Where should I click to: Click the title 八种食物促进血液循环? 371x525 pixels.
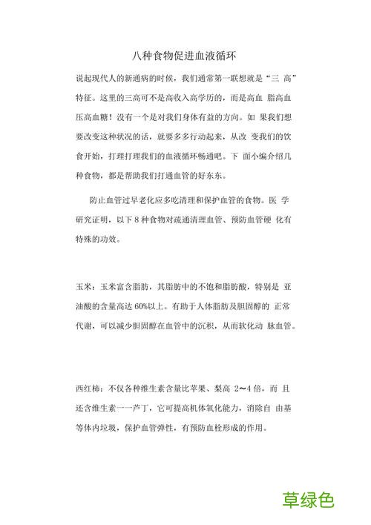tap(185, 56)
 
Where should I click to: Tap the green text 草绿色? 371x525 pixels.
tap(309, 501)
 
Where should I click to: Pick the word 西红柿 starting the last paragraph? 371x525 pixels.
tap(89, 388)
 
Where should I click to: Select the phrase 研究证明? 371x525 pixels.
tap(95, 220)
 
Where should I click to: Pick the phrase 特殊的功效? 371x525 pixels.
tap(100, 240)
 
